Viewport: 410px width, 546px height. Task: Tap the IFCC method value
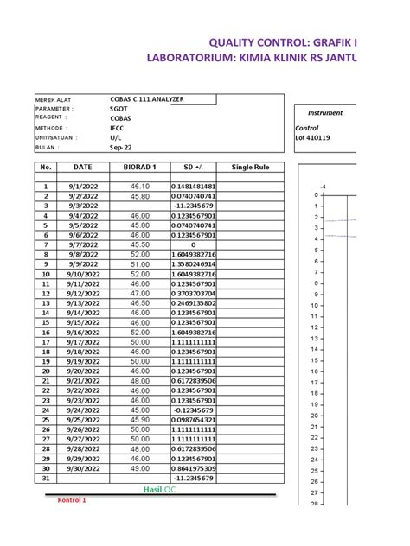pos(117,127)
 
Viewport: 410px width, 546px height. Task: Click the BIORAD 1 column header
pos(140,167)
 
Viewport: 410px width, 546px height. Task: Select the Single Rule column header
pos(251,167)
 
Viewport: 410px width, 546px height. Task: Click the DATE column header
pos(83,167)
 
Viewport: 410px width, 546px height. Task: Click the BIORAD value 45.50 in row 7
pos(140,244)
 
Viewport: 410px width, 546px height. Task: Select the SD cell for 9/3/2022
pos(194,206)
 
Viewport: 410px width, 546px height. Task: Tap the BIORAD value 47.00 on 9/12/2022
pos(140,294)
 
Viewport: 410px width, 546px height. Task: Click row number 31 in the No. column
pos(46,478)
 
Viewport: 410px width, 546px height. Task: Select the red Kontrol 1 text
pos(72,500)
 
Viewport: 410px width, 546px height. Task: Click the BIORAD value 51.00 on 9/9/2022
pos(140,264)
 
